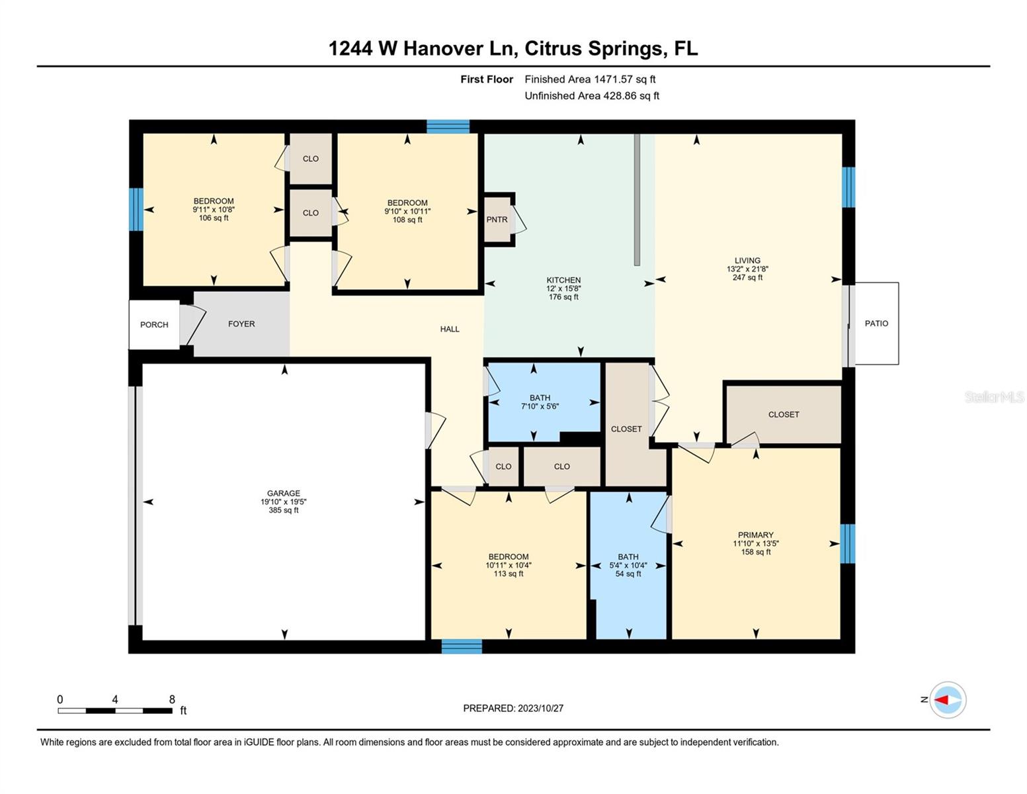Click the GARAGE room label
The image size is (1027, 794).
(283, 493)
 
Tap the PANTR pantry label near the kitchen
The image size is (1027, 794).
(497, 220)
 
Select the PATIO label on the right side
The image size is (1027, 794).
(876, 324)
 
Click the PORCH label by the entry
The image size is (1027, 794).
(154, 325)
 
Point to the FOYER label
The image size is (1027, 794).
(241, 324)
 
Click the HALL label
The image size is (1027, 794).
(450, 329)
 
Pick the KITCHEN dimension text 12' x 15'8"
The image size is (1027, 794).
(563, 288)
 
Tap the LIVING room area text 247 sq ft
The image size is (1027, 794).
(747, 278)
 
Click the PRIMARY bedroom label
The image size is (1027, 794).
(755, 535)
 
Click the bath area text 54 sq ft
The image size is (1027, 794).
(628, 574)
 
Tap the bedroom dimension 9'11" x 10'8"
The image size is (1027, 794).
(214, 210)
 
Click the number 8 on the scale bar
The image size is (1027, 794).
(172, 699)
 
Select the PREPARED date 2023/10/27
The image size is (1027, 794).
(540, 708)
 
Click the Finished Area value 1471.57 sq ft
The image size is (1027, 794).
(624, 79)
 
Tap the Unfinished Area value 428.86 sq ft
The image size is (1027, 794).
(631, 96)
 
